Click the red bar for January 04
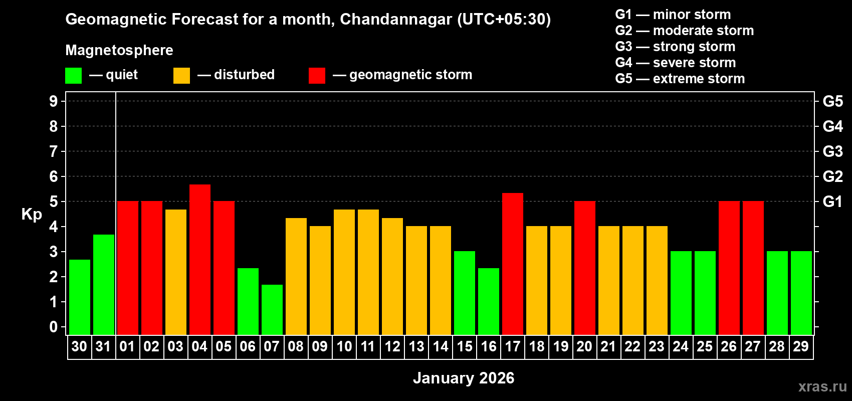199,259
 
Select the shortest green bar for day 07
272,309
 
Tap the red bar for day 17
512,264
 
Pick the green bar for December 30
79,297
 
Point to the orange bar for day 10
344,272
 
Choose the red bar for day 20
584,268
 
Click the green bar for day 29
801,293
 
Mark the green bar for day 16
488,301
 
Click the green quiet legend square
73,76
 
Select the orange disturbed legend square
181,76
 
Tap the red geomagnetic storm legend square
317,76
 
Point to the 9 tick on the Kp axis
54,101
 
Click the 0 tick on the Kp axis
54,327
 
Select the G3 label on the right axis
832,151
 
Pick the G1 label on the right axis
832,202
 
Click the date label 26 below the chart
728,346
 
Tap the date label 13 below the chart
416,346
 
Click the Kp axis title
32,214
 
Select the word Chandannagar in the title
396,20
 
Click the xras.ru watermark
822,386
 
